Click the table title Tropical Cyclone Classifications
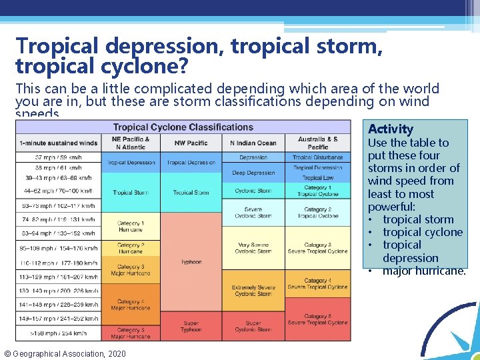[x=183, y=127]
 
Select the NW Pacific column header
[x=191, y=143]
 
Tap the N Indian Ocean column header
[x=253, y=143]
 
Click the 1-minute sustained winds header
[x=58, y=143]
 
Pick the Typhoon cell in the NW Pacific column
[x=191, y=262]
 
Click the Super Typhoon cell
[x=191, y=326]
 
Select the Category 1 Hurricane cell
[x=131, y=226]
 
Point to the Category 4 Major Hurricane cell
[x=131, y=305]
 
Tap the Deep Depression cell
[x=253, y=173]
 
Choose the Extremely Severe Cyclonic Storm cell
[x=253, y=290]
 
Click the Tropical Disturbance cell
[x=317, y=157]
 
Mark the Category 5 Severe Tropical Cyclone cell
[x=317, y=319]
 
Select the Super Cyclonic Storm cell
[x=253, y=326]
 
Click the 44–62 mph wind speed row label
[x=58, y=191]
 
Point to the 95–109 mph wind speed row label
[x=58, y=248]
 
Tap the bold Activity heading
[x=391, y=129]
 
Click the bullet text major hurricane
[x=424, y=271]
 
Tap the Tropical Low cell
[x=317, y=178]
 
